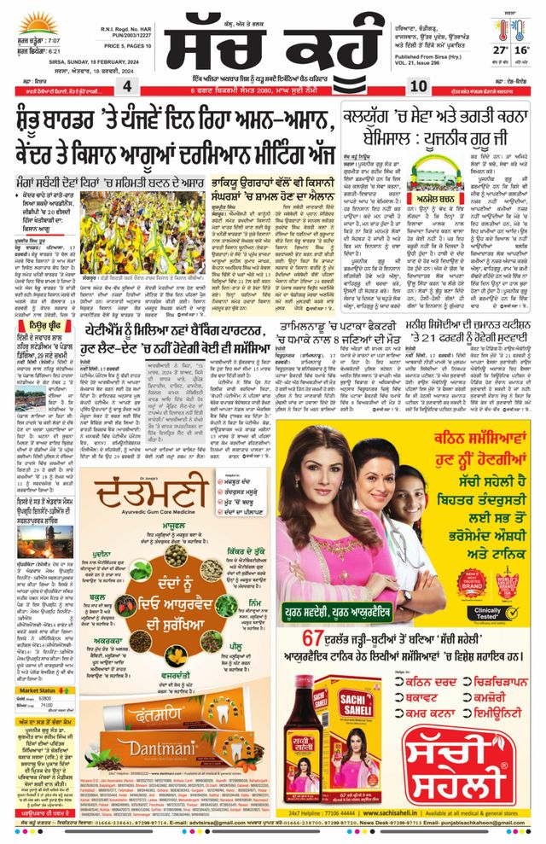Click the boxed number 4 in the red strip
click(126, 87)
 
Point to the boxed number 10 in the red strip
click(419, 87)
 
